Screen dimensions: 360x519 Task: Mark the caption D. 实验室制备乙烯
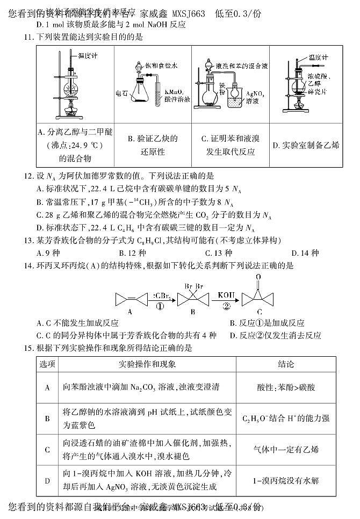coord(306,145)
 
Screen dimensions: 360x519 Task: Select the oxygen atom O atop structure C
coord(259,277)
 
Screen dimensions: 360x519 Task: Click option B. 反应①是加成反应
coord(267,323)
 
